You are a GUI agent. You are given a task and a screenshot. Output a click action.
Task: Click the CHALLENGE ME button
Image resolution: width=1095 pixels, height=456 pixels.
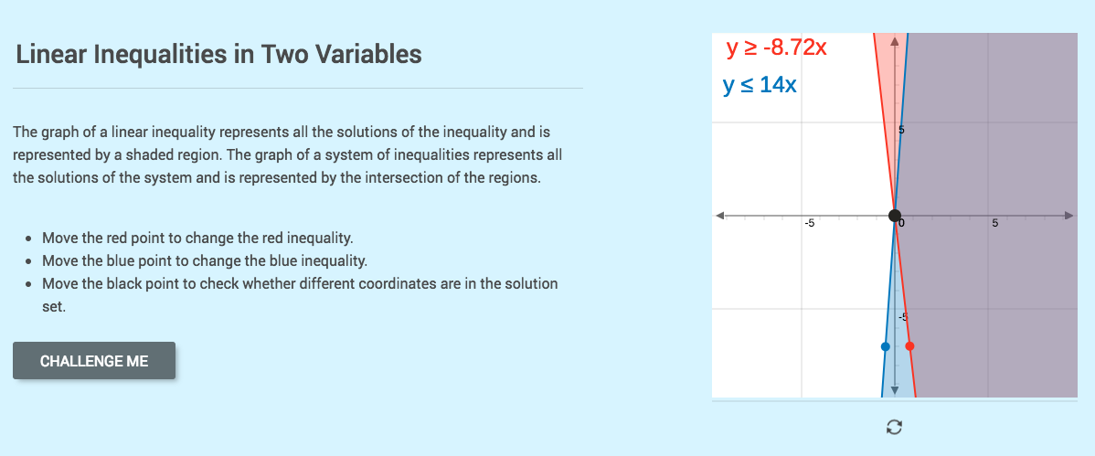click(x=94, y=361)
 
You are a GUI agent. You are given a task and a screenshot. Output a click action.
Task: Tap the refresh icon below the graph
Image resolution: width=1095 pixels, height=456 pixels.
click(x=895, y=426)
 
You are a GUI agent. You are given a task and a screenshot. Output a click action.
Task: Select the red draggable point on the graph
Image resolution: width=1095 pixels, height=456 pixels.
click(x=909, y=346)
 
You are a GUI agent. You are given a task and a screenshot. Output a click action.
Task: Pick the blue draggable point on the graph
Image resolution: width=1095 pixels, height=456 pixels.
click(x=884, y=346)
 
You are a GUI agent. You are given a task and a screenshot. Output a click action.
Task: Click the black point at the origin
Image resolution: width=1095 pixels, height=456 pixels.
click(x=895, y=216)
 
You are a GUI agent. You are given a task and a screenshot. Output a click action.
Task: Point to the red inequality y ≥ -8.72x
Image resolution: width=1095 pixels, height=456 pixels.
click(x=776, y=48)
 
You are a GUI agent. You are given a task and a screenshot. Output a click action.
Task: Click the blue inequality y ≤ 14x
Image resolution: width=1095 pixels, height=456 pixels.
click(x=760, y=85)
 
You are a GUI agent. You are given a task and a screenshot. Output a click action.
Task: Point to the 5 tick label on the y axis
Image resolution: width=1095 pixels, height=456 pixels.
click(x=901, y=131)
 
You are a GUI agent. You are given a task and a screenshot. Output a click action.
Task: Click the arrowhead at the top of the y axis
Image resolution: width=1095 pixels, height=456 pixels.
click(x=895, y=39)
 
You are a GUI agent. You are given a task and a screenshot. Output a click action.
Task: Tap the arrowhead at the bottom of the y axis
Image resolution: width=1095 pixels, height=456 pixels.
click(x=895, y=390)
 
